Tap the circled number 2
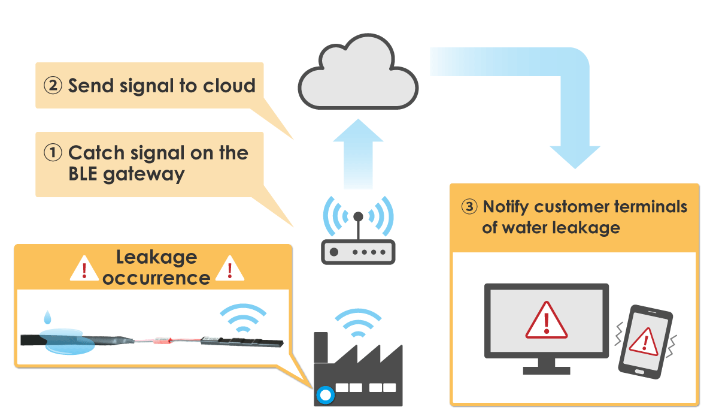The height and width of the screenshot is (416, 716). click(x=53, y=86)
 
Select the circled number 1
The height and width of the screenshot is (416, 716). click(x=53, y=153)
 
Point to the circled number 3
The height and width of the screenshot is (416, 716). click(x=470, y=207)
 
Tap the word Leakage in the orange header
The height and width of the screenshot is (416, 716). click(x=156, y=258)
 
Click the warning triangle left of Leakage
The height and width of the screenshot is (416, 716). click(x=84, y=269)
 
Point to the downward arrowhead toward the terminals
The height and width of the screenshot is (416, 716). click(x=575, y=157)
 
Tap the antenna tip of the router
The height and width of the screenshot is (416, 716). click(x=359, y=216)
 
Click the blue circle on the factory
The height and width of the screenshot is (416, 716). click(x=325, y=394)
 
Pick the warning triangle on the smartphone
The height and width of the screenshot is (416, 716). click(x=645, y=342)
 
